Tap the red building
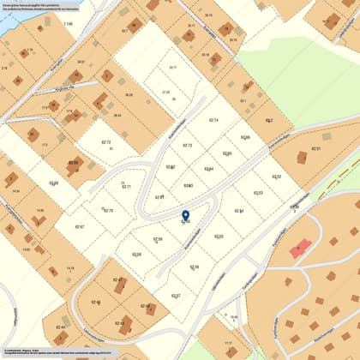pyautogui.click(x=299, y=249)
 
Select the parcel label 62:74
pyautogui.click(x=214, y=120)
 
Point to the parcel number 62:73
pyautogui.click(x=188, y=146)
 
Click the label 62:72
pyautogui.click(x=106, y=142)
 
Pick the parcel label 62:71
pyautogui.click(x=126, y=186)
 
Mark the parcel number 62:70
pyautogui.click(x=108, y=210)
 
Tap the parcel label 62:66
pyautogui.click(x=245, y=137)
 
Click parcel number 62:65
pyautogui.click(x=227, y=153)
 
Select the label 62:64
pyautogui.click(x=209, y=169)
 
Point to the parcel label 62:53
pyautogui.click(x=258, y=193)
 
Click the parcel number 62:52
pyautogui.click(x=277, y=177)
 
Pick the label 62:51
pyautogui.click(x=315, y=149)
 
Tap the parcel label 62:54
pyautogui.click(x=239, y=211)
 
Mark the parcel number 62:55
pyautogui.click(x=219, y=237)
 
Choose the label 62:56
pyautogui.click(x=194, y=267)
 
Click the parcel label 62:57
pyautogui.click(x=176, y=296)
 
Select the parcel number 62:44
pyautogui.click(x=60, y=327)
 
